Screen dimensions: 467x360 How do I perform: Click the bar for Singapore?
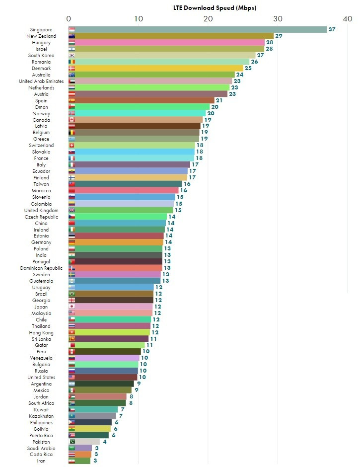[x=199, y=30]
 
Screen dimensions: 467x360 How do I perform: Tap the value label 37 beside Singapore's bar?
[x=332, y=30]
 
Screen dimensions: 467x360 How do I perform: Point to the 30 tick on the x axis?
[x=278, y=19]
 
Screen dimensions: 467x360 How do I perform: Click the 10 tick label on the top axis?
[x=139, y=19]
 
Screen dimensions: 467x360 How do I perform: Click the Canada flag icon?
[x=72, y=120]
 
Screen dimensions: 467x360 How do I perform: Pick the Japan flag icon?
[x=72, y=307]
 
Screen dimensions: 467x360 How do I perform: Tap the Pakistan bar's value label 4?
[x=104, y=442]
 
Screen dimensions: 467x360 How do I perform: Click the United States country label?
[x=41, y=378]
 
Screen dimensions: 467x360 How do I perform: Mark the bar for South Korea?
[x=164, y=56]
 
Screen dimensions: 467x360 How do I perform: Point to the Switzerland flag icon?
[x=72, y=146]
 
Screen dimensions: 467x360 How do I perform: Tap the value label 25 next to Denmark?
[x=248, y=69]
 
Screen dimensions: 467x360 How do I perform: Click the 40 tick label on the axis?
[x=347, y=19]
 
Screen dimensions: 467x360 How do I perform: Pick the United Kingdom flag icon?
[x=72, y=211]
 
